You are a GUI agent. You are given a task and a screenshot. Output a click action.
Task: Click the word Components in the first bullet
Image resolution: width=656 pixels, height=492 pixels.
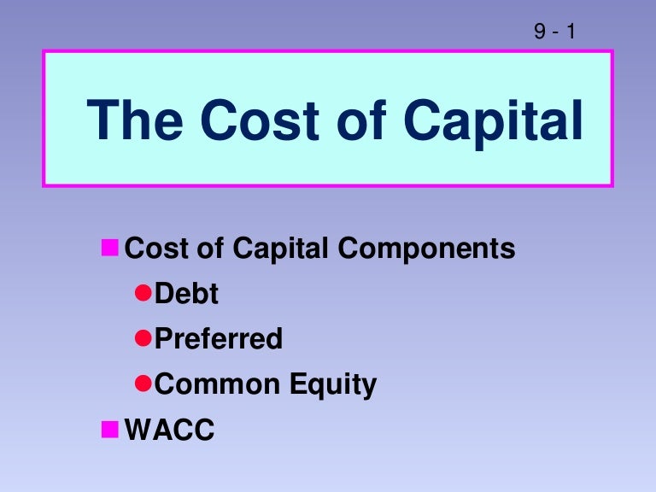click(x=427, y=249)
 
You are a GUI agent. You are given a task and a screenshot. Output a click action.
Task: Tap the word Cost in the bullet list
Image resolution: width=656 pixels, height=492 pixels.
click(x=154, y=249)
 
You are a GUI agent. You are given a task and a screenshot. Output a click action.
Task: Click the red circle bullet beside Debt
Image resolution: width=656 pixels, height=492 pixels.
click(x=143, y=294)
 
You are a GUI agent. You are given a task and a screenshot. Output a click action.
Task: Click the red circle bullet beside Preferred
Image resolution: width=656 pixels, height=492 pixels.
click(x=143, y=338)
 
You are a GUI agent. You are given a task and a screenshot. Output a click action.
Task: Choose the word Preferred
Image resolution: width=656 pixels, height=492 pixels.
click(x=219, y=339)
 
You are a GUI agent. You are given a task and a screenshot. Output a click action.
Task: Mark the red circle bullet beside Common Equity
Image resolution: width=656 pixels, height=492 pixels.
click(x=143, y=384)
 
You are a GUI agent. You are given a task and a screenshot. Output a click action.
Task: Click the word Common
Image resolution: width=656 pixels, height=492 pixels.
click(x=211, y=384)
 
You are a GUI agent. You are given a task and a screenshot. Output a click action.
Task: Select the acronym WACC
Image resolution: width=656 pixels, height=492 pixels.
click(x=170, y=430)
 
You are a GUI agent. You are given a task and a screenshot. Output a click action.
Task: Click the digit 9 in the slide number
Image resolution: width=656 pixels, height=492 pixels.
click(x=540, y=32)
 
